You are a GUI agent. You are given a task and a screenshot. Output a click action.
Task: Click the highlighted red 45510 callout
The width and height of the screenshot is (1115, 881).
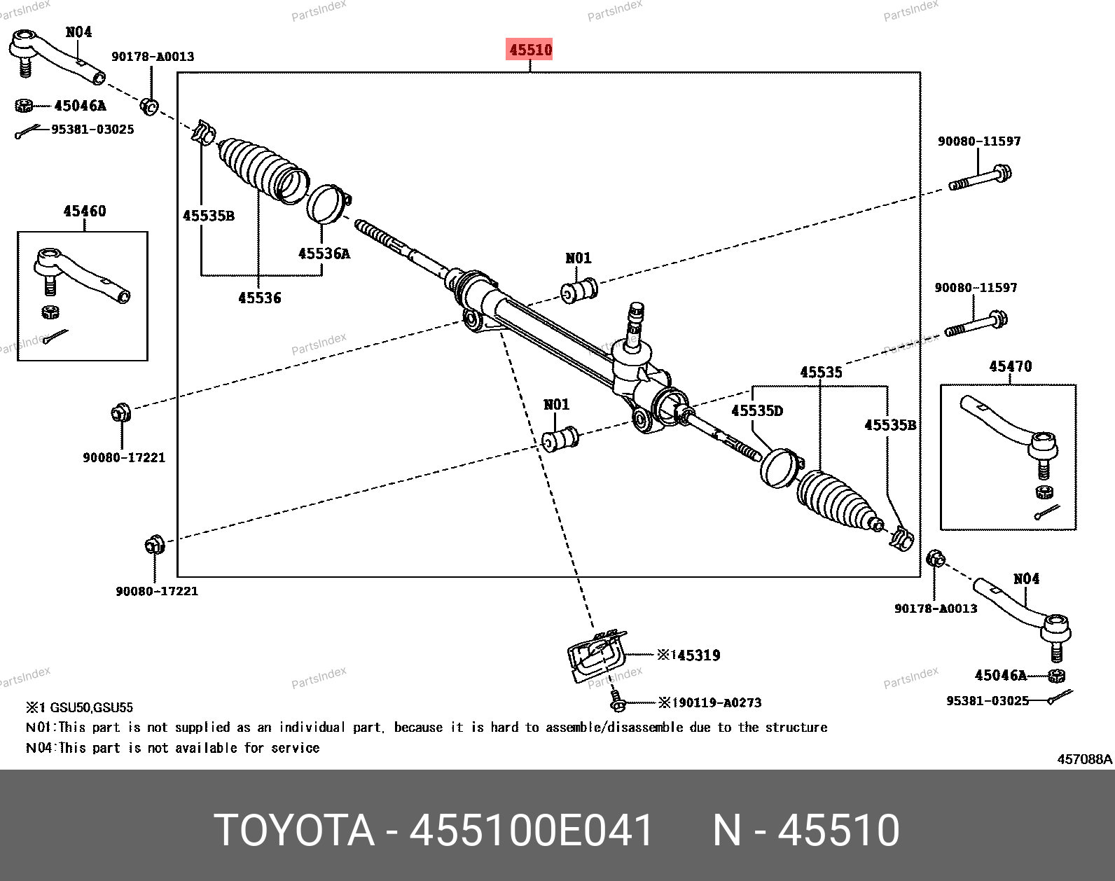[529, 50]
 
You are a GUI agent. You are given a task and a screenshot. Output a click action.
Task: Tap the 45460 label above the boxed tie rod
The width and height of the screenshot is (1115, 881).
[85, 211]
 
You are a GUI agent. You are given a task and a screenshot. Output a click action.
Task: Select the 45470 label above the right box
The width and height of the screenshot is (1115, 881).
[1011, 366]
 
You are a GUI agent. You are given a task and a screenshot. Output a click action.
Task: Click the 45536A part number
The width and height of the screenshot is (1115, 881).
[324, 254]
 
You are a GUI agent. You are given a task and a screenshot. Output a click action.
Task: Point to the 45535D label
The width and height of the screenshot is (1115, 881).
[757, 411]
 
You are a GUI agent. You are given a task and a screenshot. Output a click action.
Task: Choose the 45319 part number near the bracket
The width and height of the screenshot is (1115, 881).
[698, 655]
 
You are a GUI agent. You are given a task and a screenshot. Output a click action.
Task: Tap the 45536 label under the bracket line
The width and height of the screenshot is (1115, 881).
[260, 298]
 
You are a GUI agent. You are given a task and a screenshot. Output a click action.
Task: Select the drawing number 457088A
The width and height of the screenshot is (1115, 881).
[1084, 759]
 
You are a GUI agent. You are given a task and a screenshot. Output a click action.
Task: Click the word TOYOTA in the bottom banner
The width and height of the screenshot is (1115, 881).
[294, 830]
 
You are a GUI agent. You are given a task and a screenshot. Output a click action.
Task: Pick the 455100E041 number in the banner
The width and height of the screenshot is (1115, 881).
[531, 830]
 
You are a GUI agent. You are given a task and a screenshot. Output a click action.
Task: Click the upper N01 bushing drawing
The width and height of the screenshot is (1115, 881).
[579, 291]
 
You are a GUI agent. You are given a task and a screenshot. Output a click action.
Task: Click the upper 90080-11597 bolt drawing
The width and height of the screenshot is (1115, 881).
[981, 178]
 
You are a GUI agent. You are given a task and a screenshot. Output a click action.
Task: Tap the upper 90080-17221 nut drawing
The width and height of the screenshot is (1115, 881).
[120, 413]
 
